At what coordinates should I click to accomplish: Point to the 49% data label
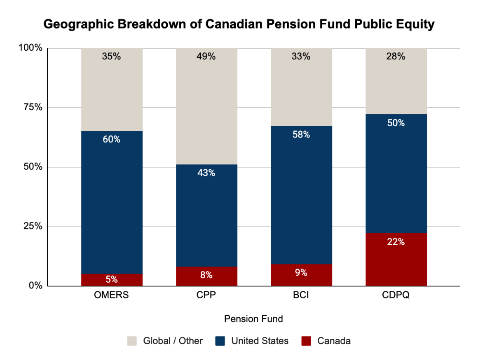click(x=206, y=57)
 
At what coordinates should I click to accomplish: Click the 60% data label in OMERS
click(x=112, y=139)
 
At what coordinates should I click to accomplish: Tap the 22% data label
click(x=396, y=242)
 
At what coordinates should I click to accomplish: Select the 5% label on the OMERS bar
click(x=112, y=279)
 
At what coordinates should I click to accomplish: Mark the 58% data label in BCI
click(x=301, y=135)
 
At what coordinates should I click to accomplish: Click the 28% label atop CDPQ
click(x=396, y=57)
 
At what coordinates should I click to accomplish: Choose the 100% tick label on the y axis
click(x=30, y=48)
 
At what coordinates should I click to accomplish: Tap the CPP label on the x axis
click(x=206, y=296)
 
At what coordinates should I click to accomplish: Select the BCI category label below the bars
click(x=301, y=296)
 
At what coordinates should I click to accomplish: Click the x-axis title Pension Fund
click(x=253, y=319)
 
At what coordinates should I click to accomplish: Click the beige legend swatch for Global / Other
click(x=132, y=341)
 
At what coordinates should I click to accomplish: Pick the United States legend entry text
click(x=260, y=341)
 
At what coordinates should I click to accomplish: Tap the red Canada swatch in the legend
click(x=306, y=341)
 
